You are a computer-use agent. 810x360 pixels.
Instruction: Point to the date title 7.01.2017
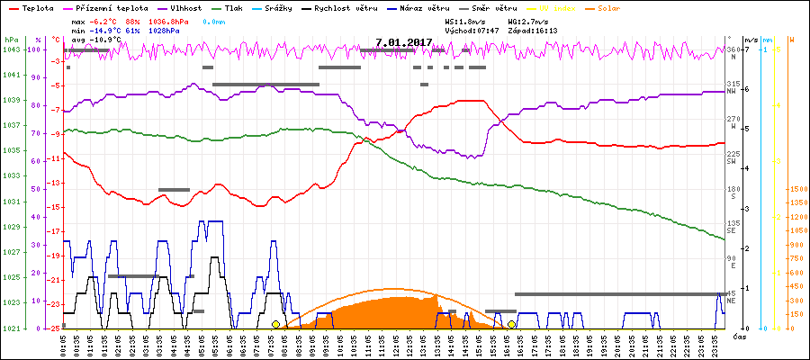pos(404,42)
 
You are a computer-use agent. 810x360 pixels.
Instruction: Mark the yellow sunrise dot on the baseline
pos(275,324)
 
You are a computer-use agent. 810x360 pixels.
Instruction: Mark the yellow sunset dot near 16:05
pos(511,324)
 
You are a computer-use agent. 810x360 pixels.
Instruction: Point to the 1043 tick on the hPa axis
pos(11,49)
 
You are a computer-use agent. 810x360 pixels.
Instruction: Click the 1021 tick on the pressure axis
pos(11,328)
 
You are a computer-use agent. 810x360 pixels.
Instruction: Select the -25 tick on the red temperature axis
pos(56,328)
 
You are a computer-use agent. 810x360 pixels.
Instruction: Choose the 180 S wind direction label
pos(733,192)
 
